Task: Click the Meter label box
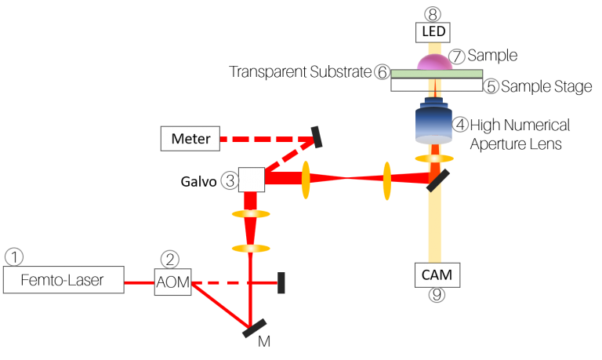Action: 190,139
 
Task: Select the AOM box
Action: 172,282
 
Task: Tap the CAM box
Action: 437,275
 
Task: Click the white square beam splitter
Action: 252,180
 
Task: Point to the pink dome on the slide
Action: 433,63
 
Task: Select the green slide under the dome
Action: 437,74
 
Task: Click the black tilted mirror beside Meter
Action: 317,136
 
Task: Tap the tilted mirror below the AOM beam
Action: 255,328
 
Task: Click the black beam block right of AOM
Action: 281,282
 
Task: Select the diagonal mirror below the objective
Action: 437,180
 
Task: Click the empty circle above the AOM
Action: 169,260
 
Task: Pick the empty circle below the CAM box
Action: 437,295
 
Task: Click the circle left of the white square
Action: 230,180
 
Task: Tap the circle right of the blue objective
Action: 460,124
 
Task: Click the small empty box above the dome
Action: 433,32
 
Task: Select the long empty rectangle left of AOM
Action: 63,280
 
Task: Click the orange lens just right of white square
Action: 305,180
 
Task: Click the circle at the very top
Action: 433,14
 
